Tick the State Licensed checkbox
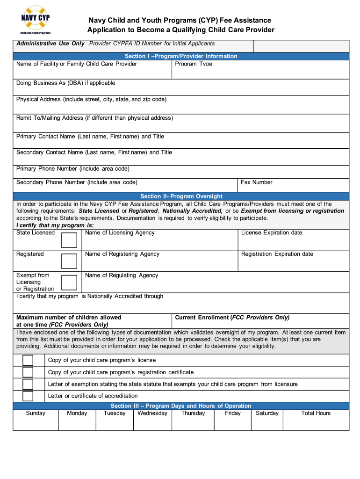[x=69, y=240]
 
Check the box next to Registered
[x=69, y=261]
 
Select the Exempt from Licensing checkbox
[x=69, y=283]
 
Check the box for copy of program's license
[x=28, y=360]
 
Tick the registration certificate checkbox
[x=28, y=372]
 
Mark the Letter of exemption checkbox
[x=28, y=384]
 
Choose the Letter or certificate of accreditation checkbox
[x=28, y=396]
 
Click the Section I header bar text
[x=181, y=56]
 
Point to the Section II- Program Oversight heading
[x=181, y=196]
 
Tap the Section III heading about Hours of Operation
[x=181, y=406]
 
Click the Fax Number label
[x=256, y=182]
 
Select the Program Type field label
[x=194, y=64]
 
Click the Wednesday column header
[x=152, y=413]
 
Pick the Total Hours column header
[x=316, y=413]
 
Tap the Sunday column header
[x=36, y=413]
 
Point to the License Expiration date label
[x=272, y=232]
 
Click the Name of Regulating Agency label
[x=122, y=276]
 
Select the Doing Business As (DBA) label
[x=65, y=83]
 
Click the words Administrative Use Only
[x=50, y=44]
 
